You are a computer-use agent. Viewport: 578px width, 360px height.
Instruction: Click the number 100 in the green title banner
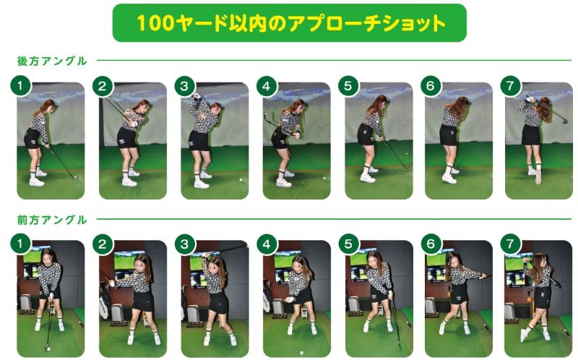[155, 23]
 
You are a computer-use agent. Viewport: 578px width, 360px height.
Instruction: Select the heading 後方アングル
[52, 61]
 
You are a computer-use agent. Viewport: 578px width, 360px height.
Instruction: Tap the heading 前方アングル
[52, 220]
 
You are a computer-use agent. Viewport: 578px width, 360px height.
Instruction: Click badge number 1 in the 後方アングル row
[20, 86]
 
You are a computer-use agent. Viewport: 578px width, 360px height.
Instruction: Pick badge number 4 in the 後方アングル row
[267, 86]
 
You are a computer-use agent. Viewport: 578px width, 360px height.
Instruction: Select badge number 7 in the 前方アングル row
[510, 244]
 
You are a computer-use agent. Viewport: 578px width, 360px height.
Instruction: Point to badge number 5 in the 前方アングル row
[348, 244]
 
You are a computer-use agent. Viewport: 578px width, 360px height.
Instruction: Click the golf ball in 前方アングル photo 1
[48, 348]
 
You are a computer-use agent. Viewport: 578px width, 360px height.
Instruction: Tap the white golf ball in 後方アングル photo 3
[241, 180]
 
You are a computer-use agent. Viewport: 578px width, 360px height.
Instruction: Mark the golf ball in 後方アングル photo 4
[324, 178]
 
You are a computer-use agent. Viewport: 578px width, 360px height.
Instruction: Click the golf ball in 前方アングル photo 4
[301, 353]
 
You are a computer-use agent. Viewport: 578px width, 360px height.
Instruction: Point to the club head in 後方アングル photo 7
[565, 121]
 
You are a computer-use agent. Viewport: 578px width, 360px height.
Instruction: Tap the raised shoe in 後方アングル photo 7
[538, 176]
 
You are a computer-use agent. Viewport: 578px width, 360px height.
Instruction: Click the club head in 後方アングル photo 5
[407, 168]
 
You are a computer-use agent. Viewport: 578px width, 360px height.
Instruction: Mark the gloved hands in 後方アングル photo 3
[197, 97]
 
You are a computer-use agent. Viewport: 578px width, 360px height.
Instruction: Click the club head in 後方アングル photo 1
[76, 177]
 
